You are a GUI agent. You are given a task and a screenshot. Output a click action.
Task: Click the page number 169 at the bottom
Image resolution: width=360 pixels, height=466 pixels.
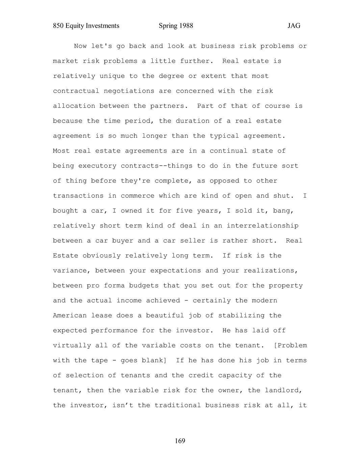point(180,441)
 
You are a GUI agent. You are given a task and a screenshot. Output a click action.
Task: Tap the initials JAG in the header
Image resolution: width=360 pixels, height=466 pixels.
point(294,26)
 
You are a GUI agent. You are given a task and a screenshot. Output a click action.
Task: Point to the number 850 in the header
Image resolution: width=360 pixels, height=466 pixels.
point(58,26)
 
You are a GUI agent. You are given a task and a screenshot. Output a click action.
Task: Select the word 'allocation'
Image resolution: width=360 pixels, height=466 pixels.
point(74,106)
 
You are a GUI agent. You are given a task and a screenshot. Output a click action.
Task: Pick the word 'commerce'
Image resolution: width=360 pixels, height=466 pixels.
point(138,196)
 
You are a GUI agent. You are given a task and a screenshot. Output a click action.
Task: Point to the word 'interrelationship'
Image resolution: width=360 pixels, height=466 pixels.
point(262,226)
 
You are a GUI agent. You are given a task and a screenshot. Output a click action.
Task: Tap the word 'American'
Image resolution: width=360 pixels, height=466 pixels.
point(70,315)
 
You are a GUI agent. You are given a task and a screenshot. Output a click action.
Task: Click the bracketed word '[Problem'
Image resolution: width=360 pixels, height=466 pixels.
point(290,345)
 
